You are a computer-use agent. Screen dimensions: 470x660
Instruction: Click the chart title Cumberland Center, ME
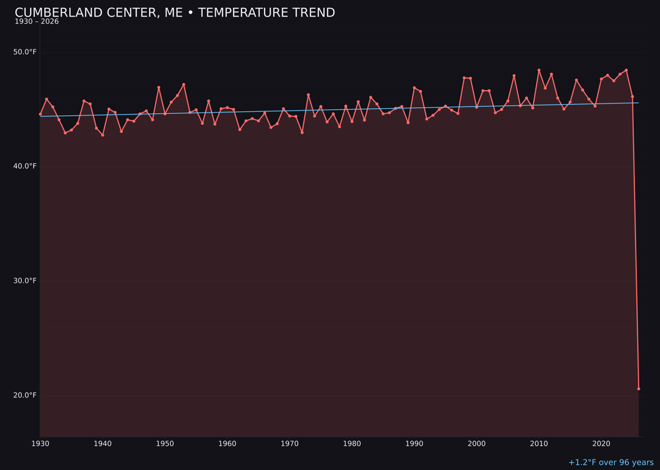click(x=175, y=13)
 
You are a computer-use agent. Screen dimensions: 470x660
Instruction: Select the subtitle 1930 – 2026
click(x=37, y=22)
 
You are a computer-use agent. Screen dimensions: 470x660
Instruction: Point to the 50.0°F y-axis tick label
click(x=25, y=52)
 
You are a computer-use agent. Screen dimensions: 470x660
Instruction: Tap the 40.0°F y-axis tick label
click(x=25, y=166)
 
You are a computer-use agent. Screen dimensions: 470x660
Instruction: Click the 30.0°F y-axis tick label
click(x=25, y=281)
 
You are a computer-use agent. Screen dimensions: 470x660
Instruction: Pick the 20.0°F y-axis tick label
click(x=25, y=395)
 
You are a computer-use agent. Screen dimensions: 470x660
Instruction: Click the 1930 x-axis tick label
click(x=40, y=444)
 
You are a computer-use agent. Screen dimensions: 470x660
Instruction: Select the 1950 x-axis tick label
click(x=165, y=444)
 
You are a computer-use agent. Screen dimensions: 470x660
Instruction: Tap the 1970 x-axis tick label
click(x=290, y=444)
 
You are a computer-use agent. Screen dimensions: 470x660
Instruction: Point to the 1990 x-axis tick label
click(x=414, y=444)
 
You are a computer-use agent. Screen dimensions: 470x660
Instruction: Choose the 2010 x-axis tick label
click(x=539, y=444)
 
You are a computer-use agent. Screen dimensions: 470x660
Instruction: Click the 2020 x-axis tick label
click(x=601, y=444)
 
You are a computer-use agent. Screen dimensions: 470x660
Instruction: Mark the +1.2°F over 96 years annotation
click(x=610, y=463)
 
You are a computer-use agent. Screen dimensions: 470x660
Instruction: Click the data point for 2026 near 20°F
click(x=639, y=389)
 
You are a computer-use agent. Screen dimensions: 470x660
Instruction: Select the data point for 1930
click(x=40, y=114)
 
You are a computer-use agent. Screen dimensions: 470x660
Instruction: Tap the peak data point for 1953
click(x=183, y=84)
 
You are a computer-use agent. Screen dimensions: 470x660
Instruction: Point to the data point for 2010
click(x=539, y=70)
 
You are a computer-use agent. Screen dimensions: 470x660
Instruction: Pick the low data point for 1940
click(x=103, y=135)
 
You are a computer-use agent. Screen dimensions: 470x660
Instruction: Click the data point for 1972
click(x=302, y=132)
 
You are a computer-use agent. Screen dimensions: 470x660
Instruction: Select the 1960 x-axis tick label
click(x=227, y=444)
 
